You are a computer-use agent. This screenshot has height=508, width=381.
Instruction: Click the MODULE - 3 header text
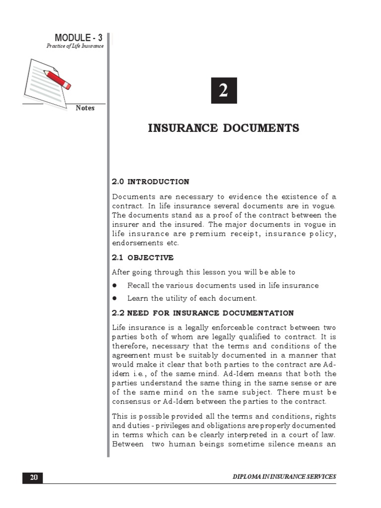coord(78,38)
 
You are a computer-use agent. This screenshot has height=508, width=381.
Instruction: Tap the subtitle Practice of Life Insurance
coord(75,46)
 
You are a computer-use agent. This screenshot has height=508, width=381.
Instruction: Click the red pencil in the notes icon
coord(57,80)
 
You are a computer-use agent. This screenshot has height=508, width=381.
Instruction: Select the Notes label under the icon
coord(85,108)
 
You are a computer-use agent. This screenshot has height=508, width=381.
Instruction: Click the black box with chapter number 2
coord(224,91)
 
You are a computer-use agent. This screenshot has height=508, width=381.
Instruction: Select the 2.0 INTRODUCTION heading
coord(150,182)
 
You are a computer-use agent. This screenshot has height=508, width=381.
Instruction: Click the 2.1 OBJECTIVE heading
coord(142,257)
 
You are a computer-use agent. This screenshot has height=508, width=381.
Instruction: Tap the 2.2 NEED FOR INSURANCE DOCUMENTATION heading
coord(202,313)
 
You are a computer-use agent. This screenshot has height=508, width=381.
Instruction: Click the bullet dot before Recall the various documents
coord(114,286)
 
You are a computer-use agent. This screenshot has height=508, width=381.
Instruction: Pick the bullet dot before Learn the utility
coord(114,299)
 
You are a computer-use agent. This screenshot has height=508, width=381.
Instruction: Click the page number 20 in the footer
coord(33,477)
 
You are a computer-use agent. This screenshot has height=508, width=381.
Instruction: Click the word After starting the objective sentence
coord(121,272)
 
